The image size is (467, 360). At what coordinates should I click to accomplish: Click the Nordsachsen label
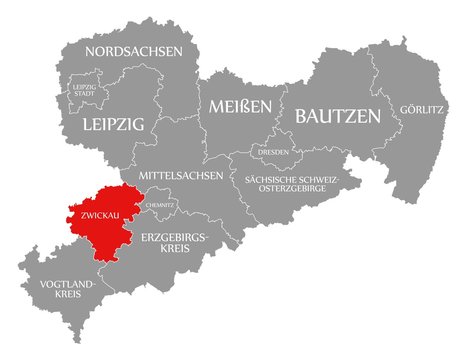(133, 50)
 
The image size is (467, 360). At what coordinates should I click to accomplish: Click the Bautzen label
(336, 117)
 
